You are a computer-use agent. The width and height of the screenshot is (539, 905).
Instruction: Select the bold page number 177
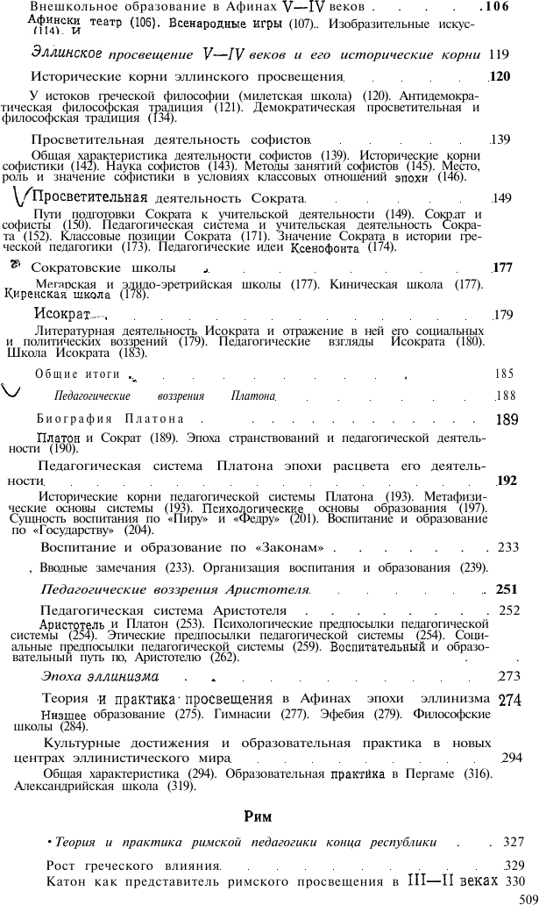tap(502, 267)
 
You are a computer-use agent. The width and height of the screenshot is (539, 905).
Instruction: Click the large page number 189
tap(507, 419)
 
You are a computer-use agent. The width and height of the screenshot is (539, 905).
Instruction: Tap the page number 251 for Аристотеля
tap(508, 589)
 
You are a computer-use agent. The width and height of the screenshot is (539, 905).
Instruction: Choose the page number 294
tap(511, 757)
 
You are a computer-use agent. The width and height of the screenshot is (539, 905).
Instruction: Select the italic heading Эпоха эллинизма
tap(100, 675)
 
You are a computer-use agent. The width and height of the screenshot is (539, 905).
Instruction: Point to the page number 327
tap(514, 842)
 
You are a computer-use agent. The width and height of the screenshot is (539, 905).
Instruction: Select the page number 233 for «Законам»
tap(508, 547)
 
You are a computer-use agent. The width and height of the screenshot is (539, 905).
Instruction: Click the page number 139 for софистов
tap(500, 139)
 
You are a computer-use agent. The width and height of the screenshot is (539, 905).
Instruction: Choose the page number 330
tap(514, 880)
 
